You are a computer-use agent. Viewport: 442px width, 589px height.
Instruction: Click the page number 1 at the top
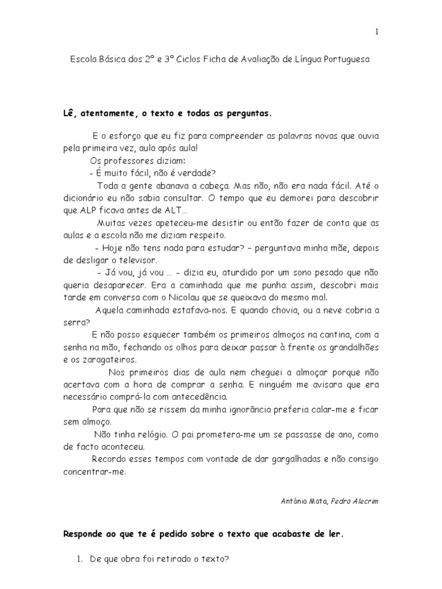coord(376,32)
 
